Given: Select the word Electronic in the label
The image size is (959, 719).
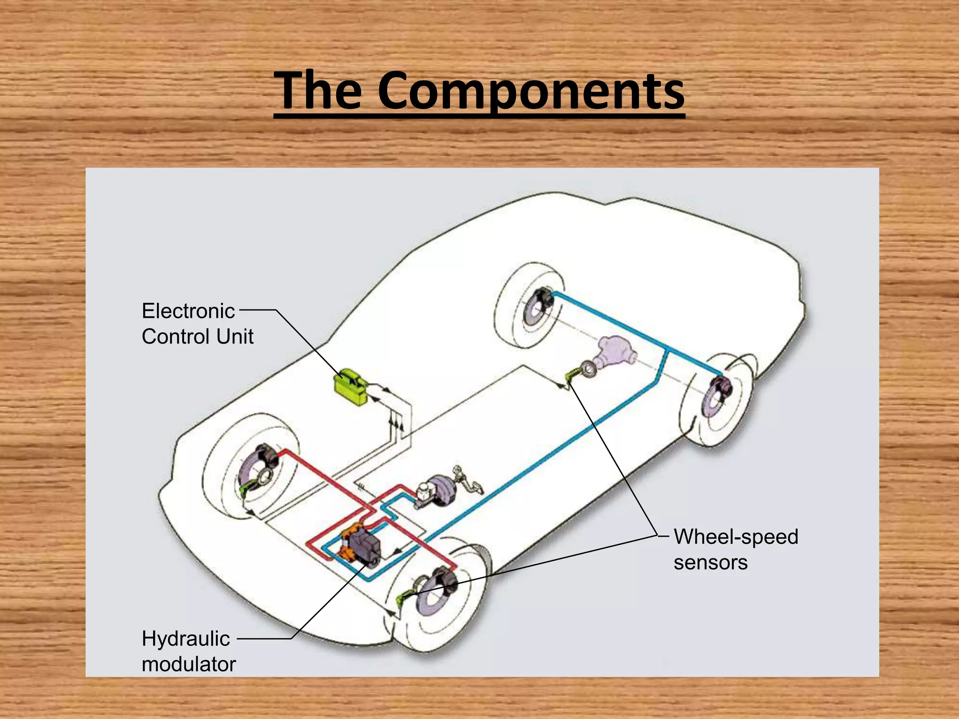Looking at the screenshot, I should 188,311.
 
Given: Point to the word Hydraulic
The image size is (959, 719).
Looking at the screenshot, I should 186,638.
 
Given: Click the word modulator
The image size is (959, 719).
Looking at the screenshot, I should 189,664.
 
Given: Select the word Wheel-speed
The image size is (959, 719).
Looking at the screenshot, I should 736,536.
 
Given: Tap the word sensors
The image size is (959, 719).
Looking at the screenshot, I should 710,562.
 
